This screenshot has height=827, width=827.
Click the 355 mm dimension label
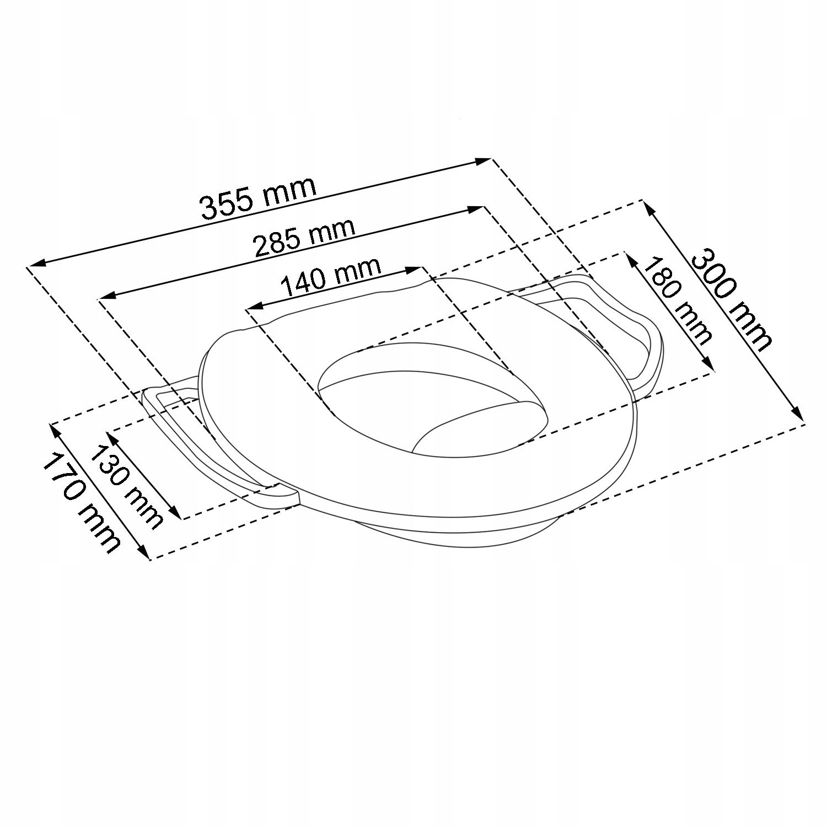[257, 198]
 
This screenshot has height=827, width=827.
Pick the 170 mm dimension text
[82, 502]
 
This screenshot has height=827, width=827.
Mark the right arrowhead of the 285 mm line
[476, 208]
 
